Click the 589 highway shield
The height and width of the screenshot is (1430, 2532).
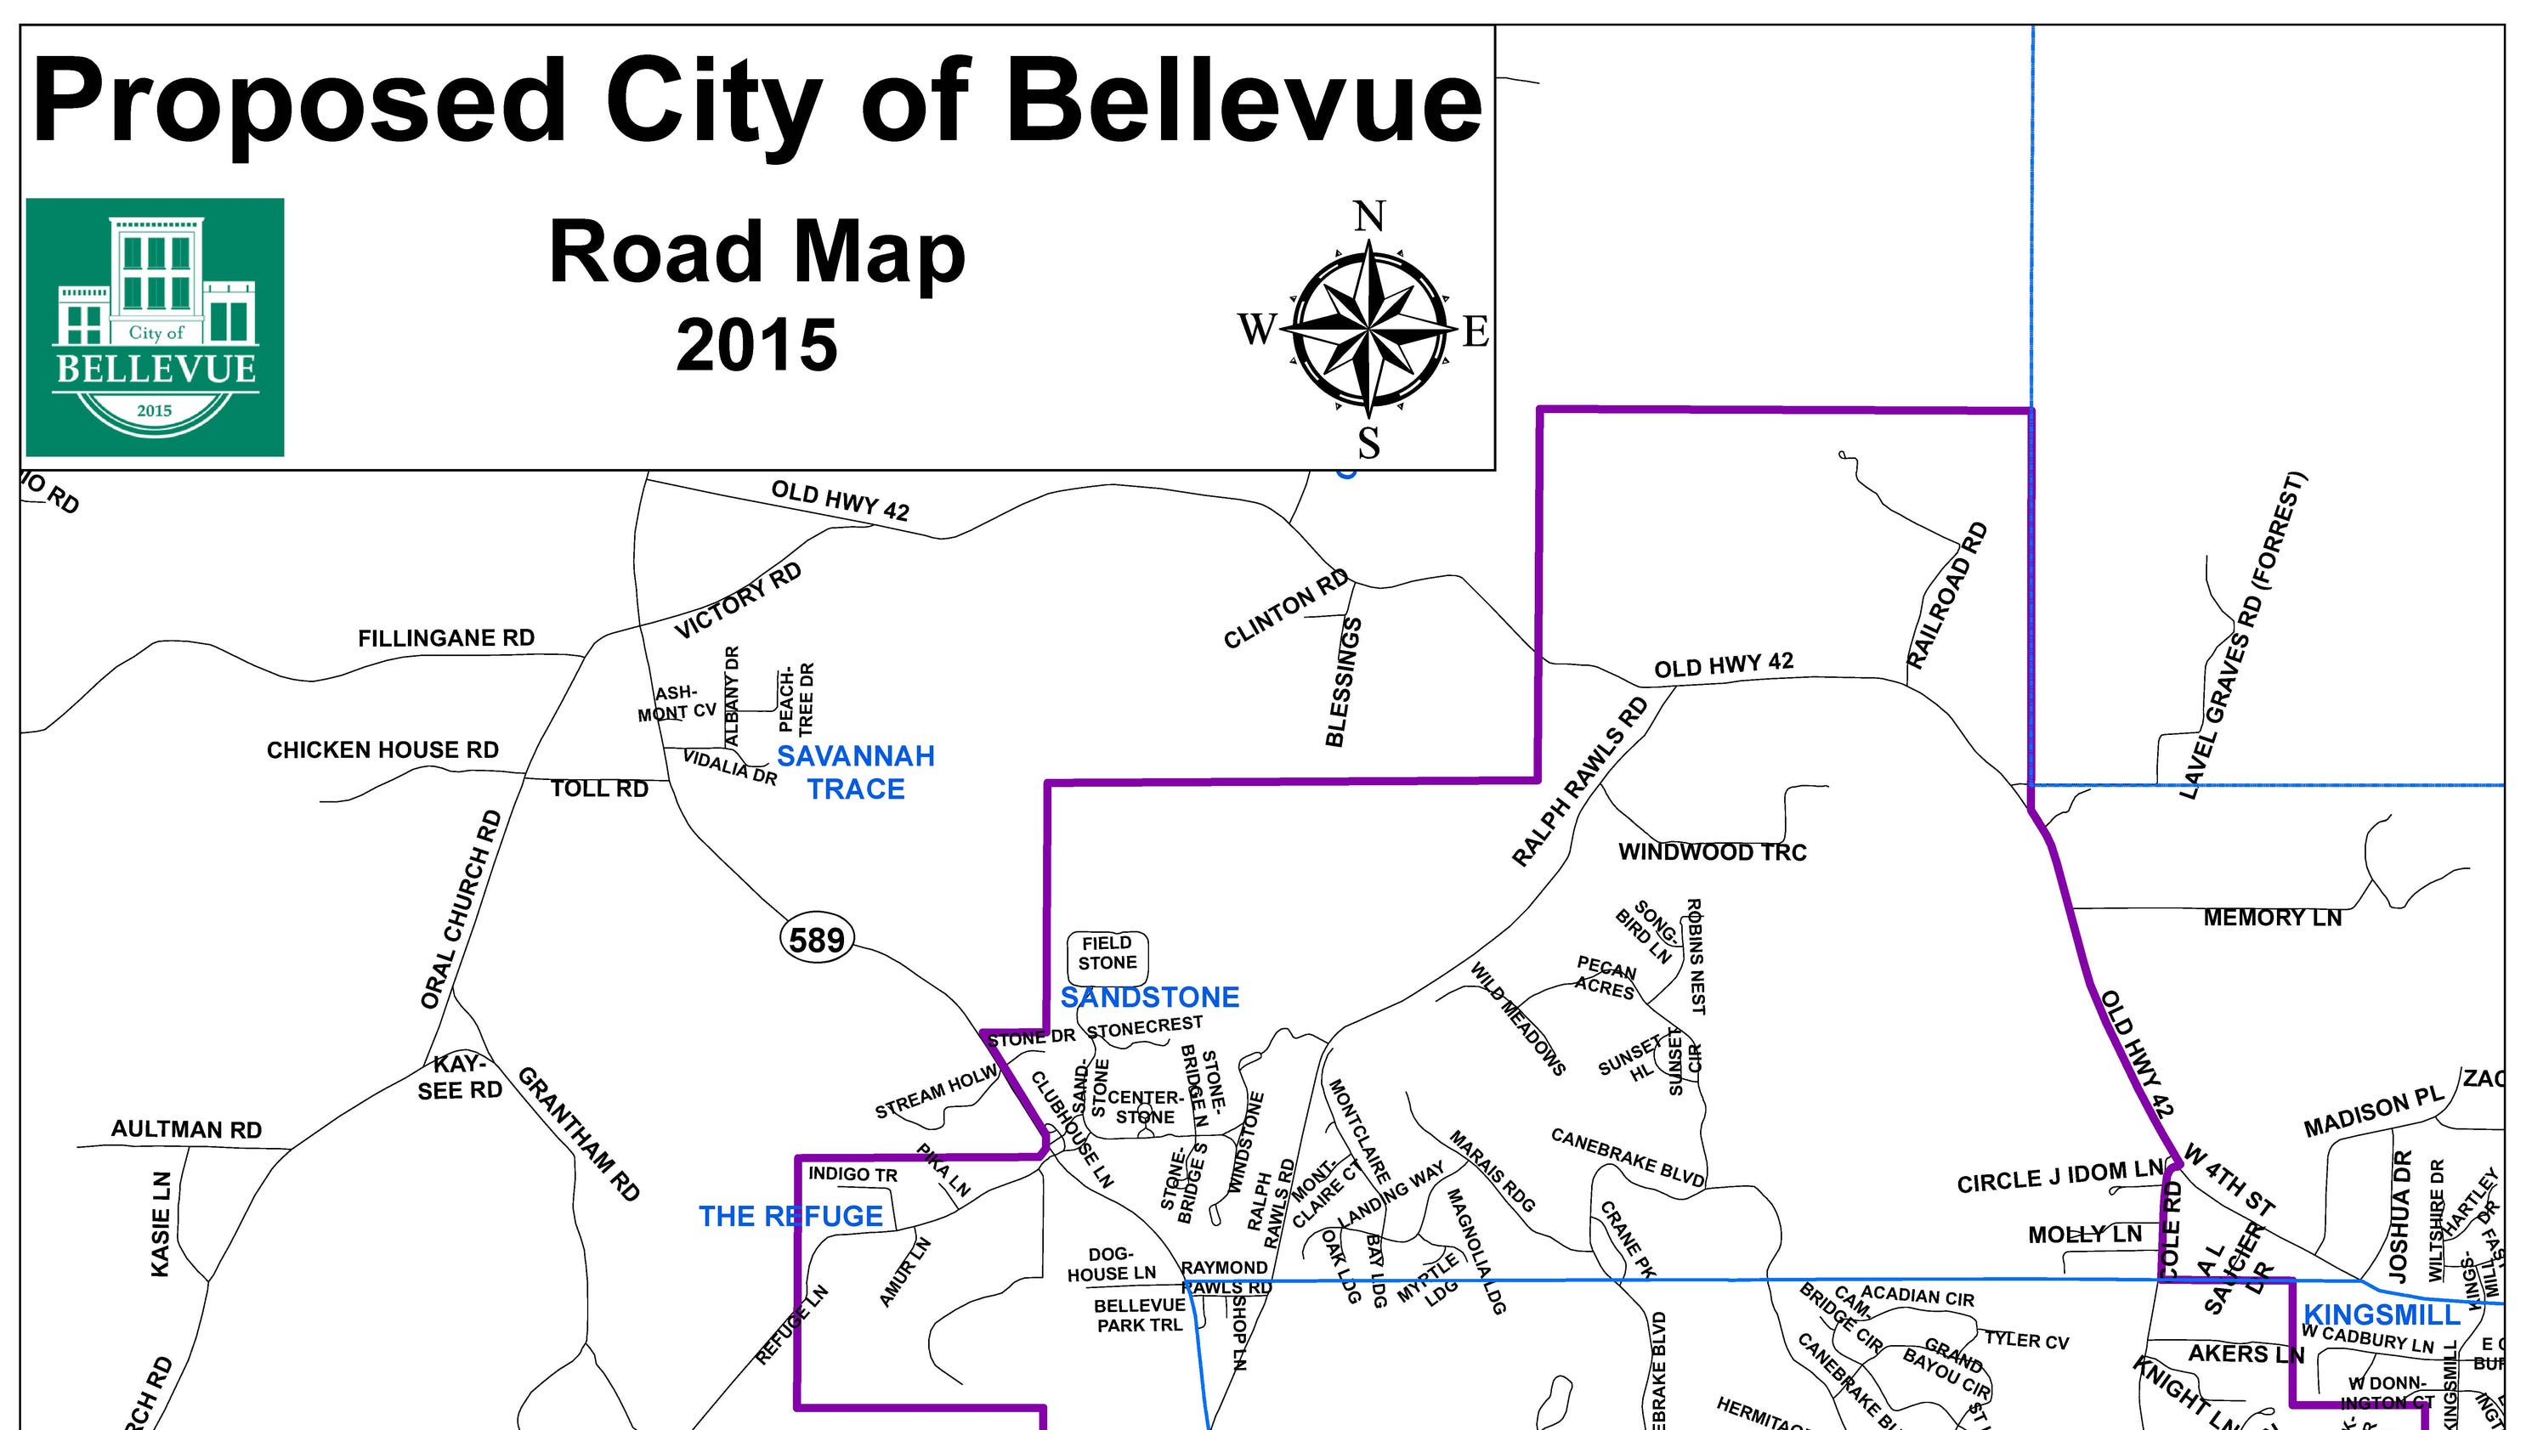817,940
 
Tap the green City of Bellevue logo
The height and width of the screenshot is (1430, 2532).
155,327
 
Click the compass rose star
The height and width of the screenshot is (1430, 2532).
1369,328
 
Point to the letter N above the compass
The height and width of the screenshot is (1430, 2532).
1369,216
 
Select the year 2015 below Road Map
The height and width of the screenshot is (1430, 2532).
756,346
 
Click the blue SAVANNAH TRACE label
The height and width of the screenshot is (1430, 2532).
856,772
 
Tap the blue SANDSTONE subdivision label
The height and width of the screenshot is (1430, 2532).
1149,998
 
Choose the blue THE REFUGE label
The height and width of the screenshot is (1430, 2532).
790,1217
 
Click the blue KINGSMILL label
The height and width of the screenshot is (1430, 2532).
2381,1314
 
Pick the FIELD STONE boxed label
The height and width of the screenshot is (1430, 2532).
1107,953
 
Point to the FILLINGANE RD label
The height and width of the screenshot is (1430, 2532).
446,639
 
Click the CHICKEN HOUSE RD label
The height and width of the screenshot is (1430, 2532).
382,751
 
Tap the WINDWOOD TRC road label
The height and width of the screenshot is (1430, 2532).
1713,852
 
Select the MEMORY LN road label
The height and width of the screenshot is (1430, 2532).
2272,918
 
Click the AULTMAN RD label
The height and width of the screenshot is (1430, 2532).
187,1130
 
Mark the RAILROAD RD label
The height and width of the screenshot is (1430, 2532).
1947,596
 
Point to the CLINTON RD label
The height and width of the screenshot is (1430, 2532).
1286,609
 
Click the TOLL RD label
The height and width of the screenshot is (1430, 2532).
599,789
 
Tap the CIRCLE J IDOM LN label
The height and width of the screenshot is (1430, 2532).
2060,1177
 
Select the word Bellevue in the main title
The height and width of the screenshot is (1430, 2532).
1243,101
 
